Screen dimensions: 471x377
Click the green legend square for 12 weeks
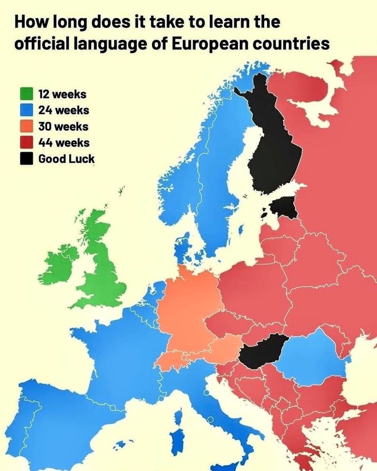click(x=27, y=94)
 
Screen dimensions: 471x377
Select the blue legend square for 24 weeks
click(x=27, y=110)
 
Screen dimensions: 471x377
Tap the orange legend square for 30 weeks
click(x=27, y=126)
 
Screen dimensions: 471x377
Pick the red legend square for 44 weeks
click(x=27, y=143)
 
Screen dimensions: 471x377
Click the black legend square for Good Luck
click(x=27, y=159)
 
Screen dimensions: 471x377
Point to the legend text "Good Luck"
click(x=67, y=159)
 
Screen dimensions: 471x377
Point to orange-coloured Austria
click(x=222, y=349)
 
